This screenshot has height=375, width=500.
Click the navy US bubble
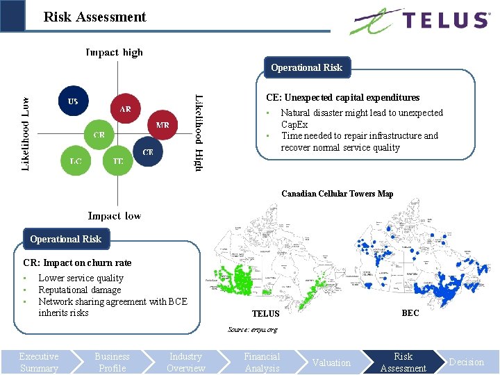[73, 101]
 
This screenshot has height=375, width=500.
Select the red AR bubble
[125, 109]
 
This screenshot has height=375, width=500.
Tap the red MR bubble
[162, 126]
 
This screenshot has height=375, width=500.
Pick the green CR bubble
[99, 135]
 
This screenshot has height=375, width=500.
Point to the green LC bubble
[75, 161]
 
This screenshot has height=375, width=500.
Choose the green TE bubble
[118, 161]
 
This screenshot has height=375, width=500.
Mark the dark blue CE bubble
[148, 151]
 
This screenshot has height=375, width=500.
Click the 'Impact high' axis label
[114, 52]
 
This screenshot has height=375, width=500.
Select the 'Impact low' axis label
[114, 216]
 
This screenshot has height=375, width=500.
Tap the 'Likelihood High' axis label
[199, 133]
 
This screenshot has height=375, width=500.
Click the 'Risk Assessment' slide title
[94, 17]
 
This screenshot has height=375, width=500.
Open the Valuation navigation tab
[331, 362]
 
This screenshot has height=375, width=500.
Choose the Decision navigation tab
[466, 362]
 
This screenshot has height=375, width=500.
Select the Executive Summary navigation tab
[39, 362]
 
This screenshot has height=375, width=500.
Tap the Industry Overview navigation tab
[185, 362]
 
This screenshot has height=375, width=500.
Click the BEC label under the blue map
[410, 313]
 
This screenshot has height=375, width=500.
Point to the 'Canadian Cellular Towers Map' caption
[337, 194]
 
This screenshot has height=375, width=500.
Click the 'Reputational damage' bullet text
[80, 290]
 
